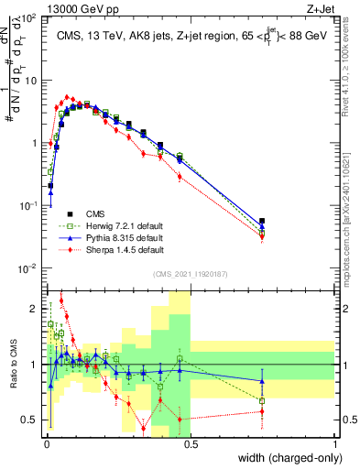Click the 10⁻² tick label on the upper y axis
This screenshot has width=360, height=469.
pyautogui.click(x=31, y=268)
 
